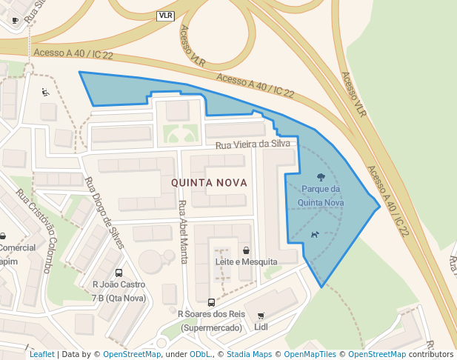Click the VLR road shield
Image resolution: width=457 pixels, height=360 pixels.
pos(165,16)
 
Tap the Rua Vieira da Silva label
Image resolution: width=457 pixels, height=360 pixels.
pos(253,145)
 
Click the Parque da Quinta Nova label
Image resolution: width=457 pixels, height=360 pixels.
pos(320,195)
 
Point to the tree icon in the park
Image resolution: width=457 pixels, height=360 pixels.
pos(320,177)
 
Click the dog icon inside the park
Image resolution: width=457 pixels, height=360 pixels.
pos(315,235)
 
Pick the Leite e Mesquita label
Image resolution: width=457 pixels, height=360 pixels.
pos(245,262)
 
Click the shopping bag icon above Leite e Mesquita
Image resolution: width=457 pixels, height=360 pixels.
pos(245,250)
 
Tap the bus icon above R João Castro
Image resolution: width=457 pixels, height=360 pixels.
pos(119,273)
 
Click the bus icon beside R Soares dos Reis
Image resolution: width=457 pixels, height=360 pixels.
pos(211,302)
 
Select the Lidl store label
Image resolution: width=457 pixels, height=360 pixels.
pos(261,327)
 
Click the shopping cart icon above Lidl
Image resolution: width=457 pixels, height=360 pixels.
pos(260,315)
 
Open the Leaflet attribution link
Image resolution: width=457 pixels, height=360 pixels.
pos(41,355)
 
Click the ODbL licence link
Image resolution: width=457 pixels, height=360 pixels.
pos(201,355)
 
